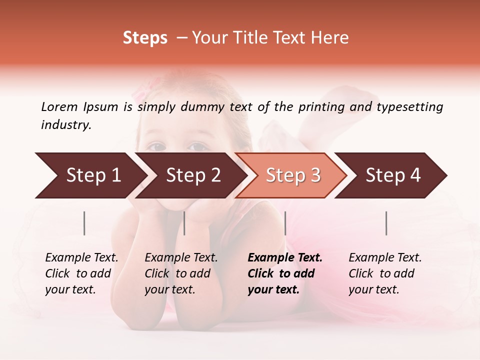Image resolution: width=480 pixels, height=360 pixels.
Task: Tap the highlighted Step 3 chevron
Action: [x=293, y=175]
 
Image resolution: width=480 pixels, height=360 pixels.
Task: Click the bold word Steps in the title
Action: [x=145, y=38]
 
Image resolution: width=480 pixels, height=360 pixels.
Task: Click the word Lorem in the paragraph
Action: [x=59, y=107]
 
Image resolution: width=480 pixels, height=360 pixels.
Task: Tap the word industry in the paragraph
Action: [x=65, y=125]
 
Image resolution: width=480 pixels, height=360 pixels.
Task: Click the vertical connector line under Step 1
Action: [x=84, y=223]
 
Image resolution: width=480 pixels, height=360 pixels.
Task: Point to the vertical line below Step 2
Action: [x=184, y=223]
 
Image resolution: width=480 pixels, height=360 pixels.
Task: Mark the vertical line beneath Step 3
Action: [x=285, y=223]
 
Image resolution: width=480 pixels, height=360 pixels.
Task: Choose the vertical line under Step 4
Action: [x=386, y=223]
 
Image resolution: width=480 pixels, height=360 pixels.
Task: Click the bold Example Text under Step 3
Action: [x=285, y=258]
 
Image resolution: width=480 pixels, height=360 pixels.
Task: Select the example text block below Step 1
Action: [x=81, y=273]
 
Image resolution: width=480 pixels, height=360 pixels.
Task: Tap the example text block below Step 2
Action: [x=181, y=273]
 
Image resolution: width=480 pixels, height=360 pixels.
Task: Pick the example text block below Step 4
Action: [x=385, y=273]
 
